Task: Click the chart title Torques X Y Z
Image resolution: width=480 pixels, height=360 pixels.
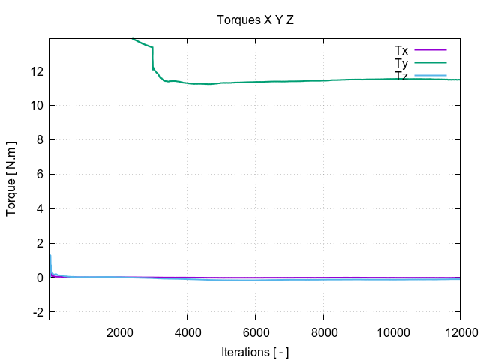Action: click(x=255, y=20)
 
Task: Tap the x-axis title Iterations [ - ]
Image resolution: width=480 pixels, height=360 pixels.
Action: click(x=255, y=352)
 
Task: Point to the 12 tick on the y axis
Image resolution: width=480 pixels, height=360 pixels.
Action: click(x=36, y=71)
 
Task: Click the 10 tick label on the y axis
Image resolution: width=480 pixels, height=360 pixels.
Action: click(x=36, y=106)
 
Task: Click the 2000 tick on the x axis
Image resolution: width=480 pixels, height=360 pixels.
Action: click(x=118, y=334)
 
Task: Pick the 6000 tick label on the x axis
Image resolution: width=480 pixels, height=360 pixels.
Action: click(x=255, y=334)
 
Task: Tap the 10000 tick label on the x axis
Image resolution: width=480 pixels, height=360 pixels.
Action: click(x=391, y=334)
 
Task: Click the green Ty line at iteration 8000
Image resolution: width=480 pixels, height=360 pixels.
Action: click(x=323, y=80)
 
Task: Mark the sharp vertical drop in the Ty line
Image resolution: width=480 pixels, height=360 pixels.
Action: click(x=153, y=58)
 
